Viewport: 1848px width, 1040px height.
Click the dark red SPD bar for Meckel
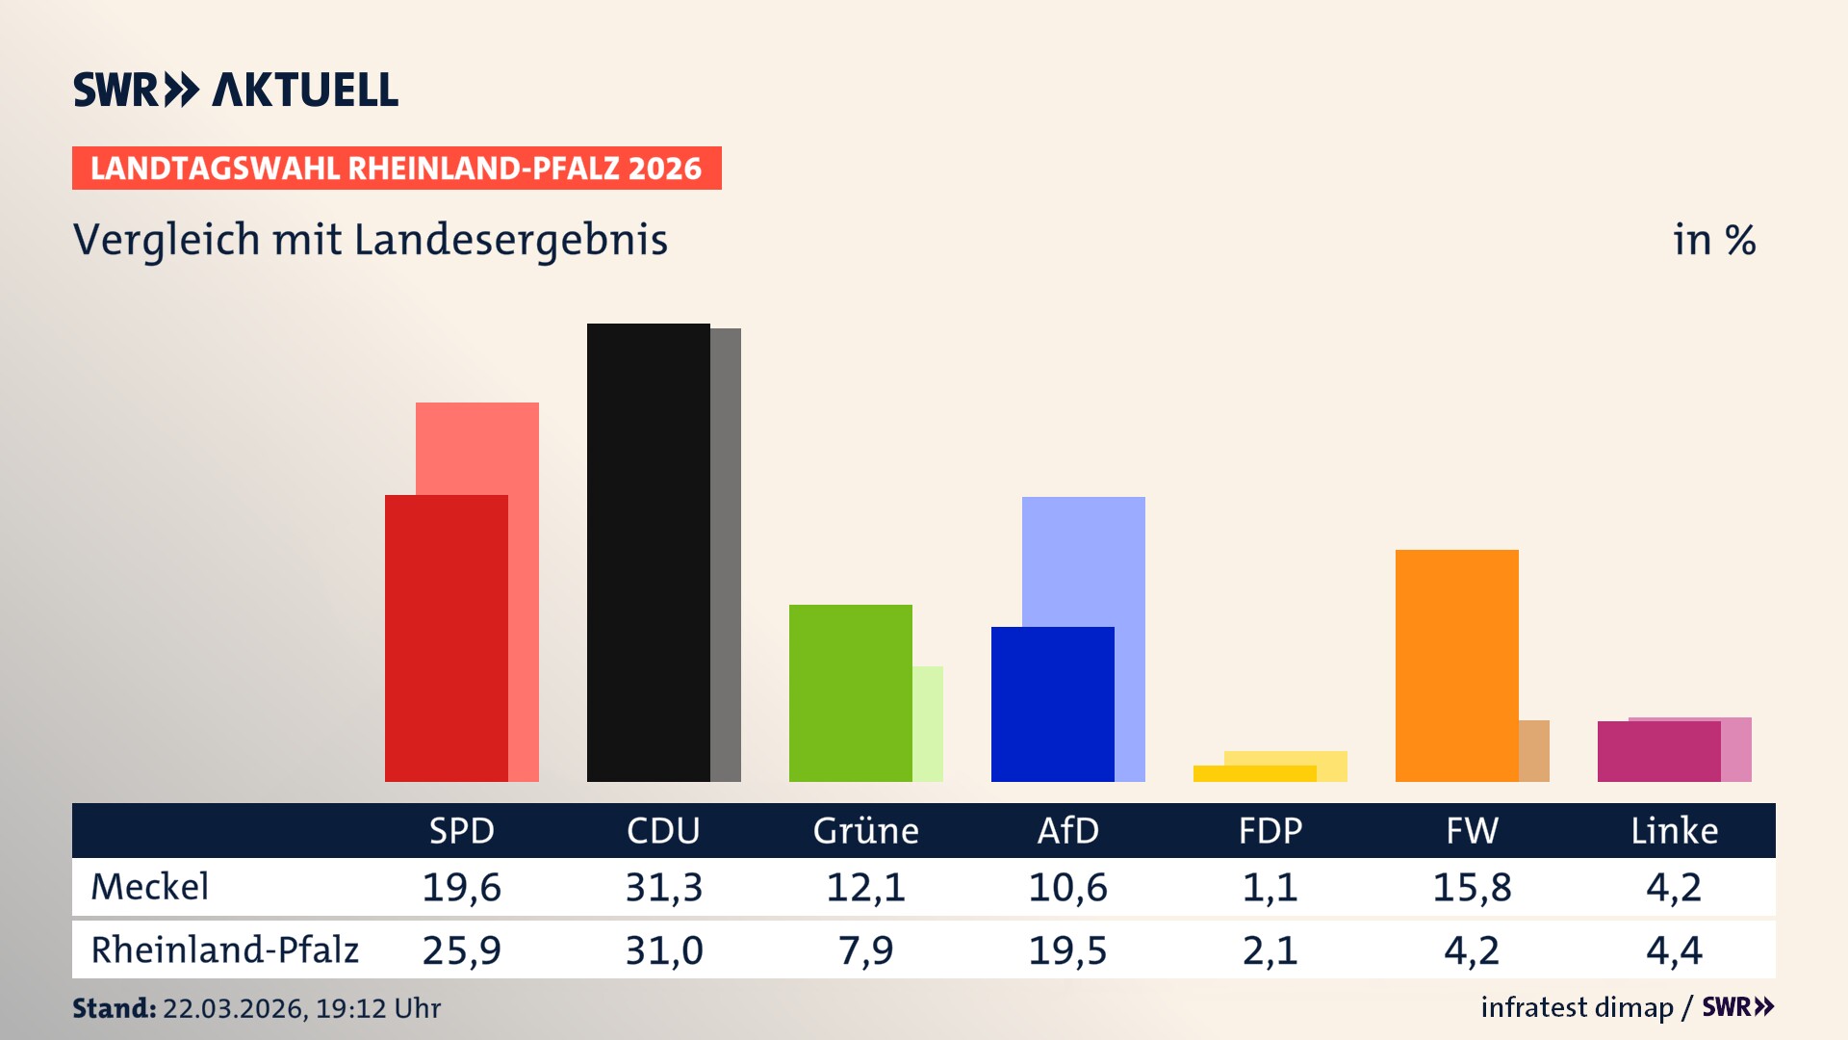pos(446,637)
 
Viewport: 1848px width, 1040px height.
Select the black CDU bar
pos(648,552)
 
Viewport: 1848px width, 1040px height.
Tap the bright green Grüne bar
pos(850,692)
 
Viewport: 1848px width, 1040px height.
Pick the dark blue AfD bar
pos(1052,704)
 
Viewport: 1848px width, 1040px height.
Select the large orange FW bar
pos(1456,665)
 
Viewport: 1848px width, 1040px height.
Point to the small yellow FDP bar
pos(1254,773)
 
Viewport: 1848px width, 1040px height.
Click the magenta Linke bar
pos(1658,751)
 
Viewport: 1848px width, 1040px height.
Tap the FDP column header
pos(1270,830)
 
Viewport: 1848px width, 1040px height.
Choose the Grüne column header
pos(865,830)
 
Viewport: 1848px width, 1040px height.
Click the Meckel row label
pos(149,887)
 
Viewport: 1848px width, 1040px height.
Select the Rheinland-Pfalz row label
pos(224,950)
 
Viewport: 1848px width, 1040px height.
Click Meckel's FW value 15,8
pos(1472,887)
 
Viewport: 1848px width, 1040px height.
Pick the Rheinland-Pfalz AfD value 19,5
pos(1067,950)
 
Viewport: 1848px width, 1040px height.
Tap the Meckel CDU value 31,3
pos(663,887)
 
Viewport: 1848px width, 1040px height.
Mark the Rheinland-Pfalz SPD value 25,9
pos(461,950)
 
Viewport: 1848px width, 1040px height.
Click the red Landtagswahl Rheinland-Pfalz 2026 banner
pos(396,169)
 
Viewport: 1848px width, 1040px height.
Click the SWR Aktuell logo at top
pos(235,90)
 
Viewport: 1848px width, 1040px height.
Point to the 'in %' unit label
pos(1713,240)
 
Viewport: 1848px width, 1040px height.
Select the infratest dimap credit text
pos(1577,1007)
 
